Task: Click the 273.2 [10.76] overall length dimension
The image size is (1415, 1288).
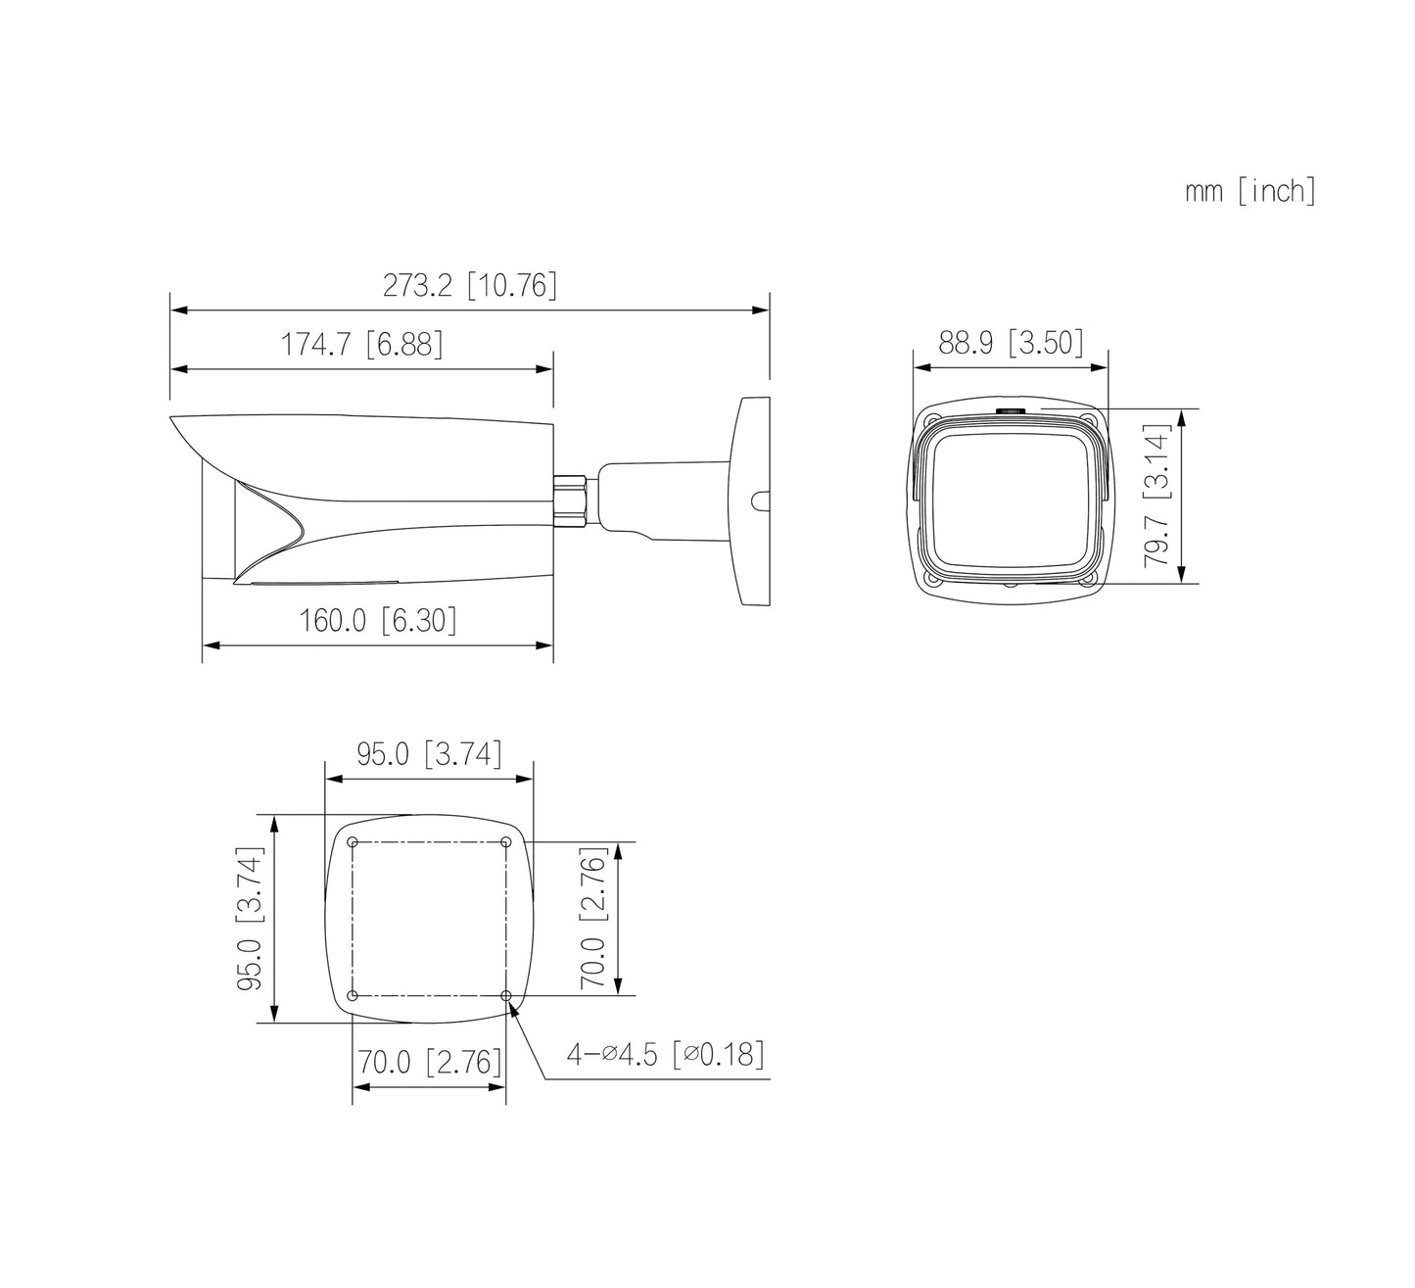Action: (x=470, y=285)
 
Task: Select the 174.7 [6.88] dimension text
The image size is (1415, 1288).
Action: (x=362, y=345)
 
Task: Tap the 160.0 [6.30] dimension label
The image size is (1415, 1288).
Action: (x=377, y=620)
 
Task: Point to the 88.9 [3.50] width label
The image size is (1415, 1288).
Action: (x=1011, y=343)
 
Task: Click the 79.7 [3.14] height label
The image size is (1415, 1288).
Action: (x=1157, y=496)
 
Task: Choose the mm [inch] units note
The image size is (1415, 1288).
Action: (x=1250, y=191)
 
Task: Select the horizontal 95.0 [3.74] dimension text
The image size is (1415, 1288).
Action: (x=430, y=754)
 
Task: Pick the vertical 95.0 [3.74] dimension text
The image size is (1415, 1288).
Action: (x=250, y=920)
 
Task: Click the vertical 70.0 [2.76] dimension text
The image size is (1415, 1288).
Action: (x=592, y=918)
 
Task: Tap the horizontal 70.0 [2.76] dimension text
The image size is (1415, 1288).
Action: (x=430, y=1062)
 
